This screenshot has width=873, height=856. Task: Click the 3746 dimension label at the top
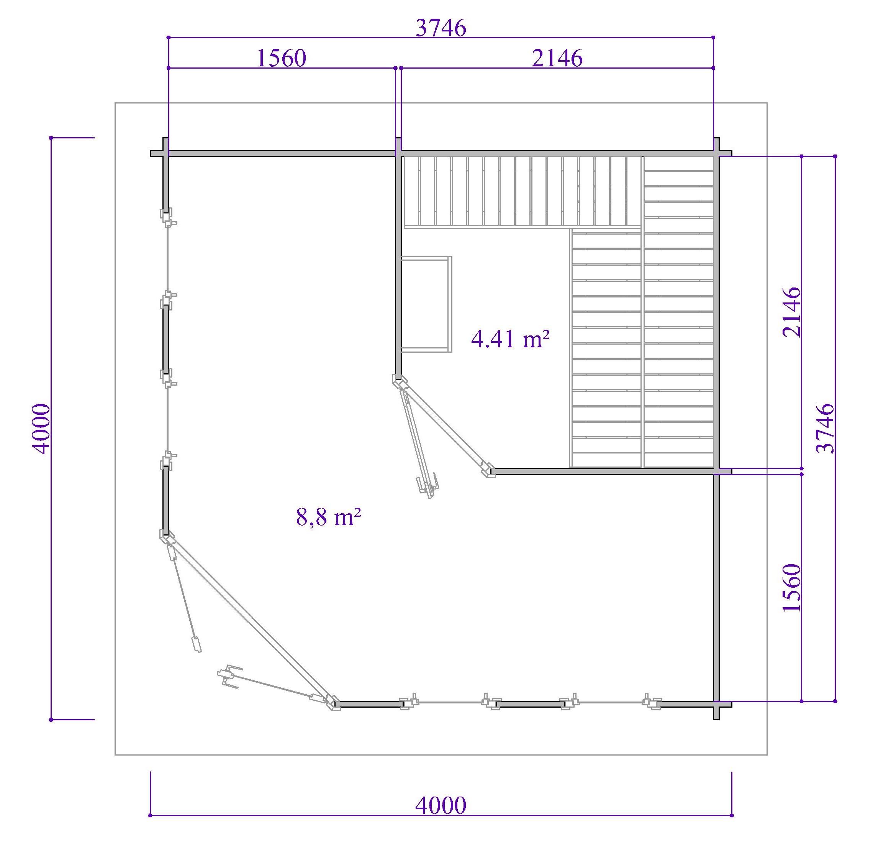(441, 28)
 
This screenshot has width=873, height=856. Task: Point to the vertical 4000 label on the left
(42, 429)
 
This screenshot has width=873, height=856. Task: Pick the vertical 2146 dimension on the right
(791, 312)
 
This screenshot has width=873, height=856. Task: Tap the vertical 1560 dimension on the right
(791, 587)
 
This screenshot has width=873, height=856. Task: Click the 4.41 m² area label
(510, 339)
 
